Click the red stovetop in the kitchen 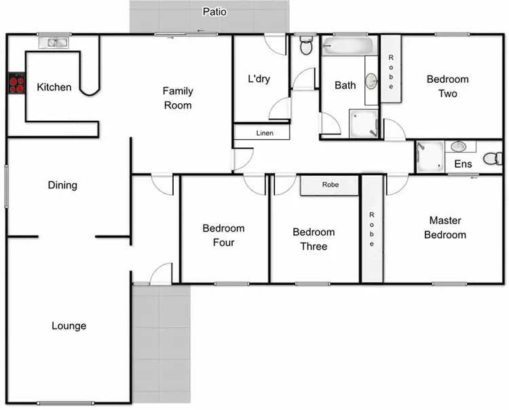[16, 84]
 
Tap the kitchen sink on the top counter [54, 43]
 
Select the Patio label [214, 12]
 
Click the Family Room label [178, 98]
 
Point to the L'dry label [259, 79]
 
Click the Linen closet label [265, 133]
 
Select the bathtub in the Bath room [348, 47]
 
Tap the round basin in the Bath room [371, 81]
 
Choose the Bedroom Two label [447, 86]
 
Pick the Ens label [463, 164]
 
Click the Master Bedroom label [445, 227]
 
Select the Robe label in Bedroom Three [331, 184]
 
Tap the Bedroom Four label [223, 236]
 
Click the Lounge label [69, 326]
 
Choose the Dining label [62, 185]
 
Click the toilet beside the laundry [305, 46]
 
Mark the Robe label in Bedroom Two [391, 67]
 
